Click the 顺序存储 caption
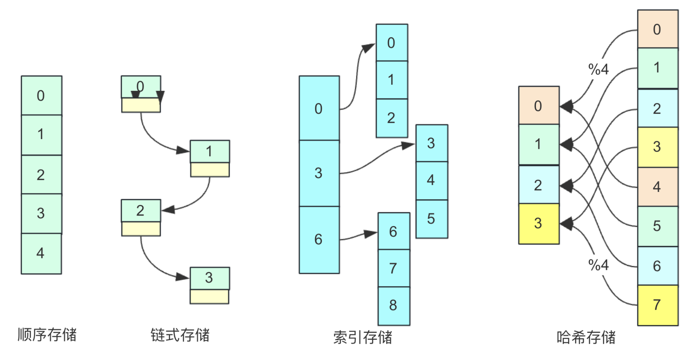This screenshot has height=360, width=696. pyautogui.click(x=47, y=335)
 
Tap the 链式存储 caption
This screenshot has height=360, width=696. pyautogui.click(x=180, y=335)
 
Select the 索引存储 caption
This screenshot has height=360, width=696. pyautogui.click(x=362, y=337)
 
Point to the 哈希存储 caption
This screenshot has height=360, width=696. pyautogui.click(x=586, y=337)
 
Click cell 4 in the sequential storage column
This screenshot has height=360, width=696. pyautogui.click(x=41, y=254)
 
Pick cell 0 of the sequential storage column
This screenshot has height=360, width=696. pyautogui.click(x=41, y=96)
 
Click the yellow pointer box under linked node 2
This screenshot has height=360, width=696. pyautogui.click(x=141, y=229)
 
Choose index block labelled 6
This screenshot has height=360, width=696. pyautogui.click(x=319, y=240)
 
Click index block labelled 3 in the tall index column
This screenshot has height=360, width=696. pyautogui.click(x=319, y=173)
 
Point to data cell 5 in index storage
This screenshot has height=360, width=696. pyautogui.click(x=432, y=219)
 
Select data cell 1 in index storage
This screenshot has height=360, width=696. pyautogui.click(x=392, y=80)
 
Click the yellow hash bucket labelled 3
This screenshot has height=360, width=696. pyautogui.click(x=539, y=224)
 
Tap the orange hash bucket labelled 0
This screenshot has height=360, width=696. pyautogui.click(x=539, y=105)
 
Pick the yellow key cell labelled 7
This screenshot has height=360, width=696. pyautogui.click(x=658, y=305)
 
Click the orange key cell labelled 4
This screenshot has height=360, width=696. pyautogui.click(x=658, y=187)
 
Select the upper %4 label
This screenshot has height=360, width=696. pyautogui.click(x=598, y=69)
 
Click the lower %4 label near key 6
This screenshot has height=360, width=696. pyautogui.click(x=598, y=265)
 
